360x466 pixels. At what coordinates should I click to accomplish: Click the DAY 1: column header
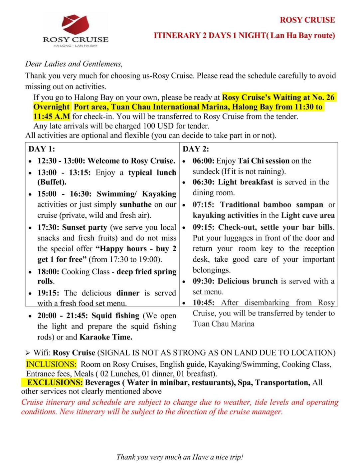point(42,149)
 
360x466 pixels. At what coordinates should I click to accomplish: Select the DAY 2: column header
point(196,149)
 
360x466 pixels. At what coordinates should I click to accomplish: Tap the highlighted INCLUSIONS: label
point(51,364)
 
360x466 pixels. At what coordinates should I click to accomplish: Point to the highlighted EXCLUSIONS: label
point(55,382)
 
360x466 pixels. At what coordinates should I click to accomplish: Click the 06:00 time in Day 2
point(203,161)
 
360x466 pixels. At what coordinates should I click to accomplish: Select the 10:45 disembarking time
point(203,303)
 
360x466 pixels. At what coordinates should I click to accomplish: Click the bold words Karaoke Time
point(106,337)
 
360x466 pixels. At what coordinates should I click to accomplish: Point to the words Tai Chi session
point(264,161)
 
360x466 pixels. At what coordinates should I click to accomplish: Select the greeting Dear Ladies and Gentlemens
point(74,64)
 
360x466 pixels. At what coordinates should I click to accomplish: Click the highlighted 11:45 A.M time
point(52,116)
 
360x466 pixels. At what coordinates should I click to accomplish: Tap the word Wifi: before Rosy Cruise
point(42,353)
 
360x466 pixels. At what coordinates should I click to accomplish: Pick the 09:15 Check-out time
point(203,227)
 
